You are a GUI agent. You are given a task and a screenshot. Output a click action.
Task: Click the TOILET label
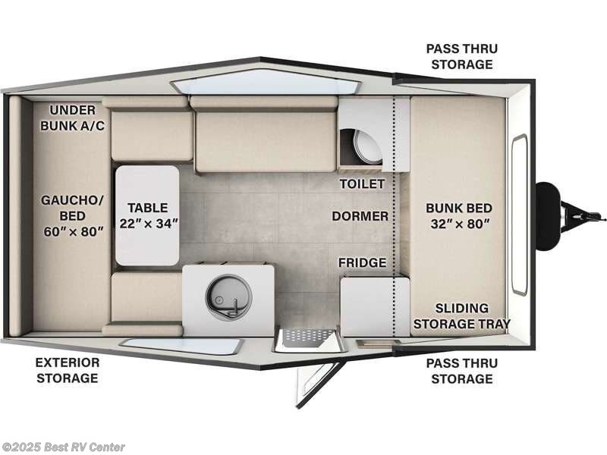pyautogui.click(x=362, y=184)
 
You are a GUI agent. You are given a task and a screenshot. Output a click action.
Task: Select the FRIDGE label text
pyautogui.click(x=362, y=262)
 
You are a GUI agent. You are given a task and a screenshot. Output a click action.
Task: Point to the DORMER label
pyautogui.click(x=360, y=216)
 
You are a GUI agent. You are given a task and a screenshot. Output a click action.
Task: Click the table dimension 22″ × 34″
pyautogui.click(x=149, y=223)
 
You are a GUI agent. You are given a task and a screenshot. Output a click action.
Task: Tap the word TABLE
pyautogui.click(x=148, y=207)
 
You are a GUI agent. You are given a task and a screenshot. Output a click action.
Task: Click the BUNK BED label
pyautogui.click(x=458, y=208)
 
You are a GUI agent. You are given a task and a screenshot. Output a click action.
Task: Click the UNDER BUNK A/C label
pyautogui.click(x=73, y=116)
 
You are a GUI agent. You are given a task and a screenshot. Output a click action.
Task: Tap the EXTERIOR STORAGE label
pyautogui.click(x=68, y=370)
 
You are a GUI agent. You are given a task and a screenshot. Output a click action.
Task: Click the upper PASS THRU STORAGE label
pyautogui.click(x=462, y=56)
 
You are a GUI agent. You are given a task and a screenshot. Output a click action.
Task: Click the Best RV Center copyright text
pyautogui.click(x=64, y=447)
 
